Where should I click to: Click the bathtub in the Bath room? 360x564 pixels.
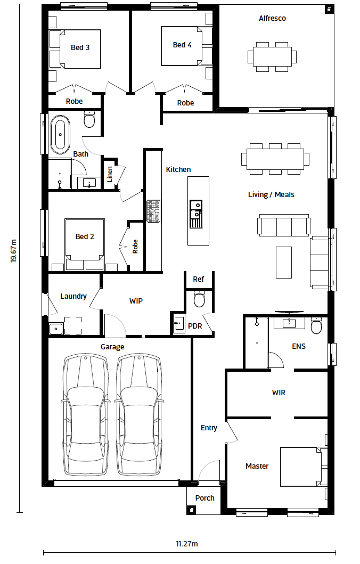point(60,135)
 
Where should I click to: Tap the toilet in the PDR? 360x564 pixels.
point(199,299)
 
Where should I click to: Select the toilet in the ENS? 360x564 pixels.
point(316,325)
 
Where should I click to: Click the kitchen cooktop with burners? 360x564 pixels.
point(153,211)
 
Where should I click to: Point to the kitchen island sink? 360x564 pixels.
point(196,214)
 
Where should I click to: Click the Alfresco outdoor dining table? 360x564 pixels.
point(272,57)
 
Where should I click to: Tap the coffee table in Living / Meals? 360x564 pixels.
point(284,262)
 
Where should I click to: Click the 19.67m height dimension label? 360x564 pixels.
point(14,251)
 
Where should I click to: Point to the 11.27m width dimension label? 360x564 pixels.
point(186,544)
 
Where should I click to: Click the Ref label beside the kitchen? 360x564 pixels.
point(198,279)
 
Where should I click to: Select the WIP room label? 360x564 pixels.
point(136,301)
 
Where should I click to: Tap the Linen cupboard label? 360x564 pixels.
point(110,174)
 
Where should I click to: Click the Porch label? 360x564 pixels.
point(204,498)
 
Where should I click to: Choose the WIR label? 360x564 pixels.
point(279,393)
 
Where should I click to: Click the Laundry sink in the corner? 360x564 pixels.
point(56,329)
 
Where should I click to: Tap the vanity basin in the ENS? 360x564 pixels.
point(289,323)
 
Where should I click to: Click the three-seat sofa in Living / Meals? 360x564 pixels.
point(284,225)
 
